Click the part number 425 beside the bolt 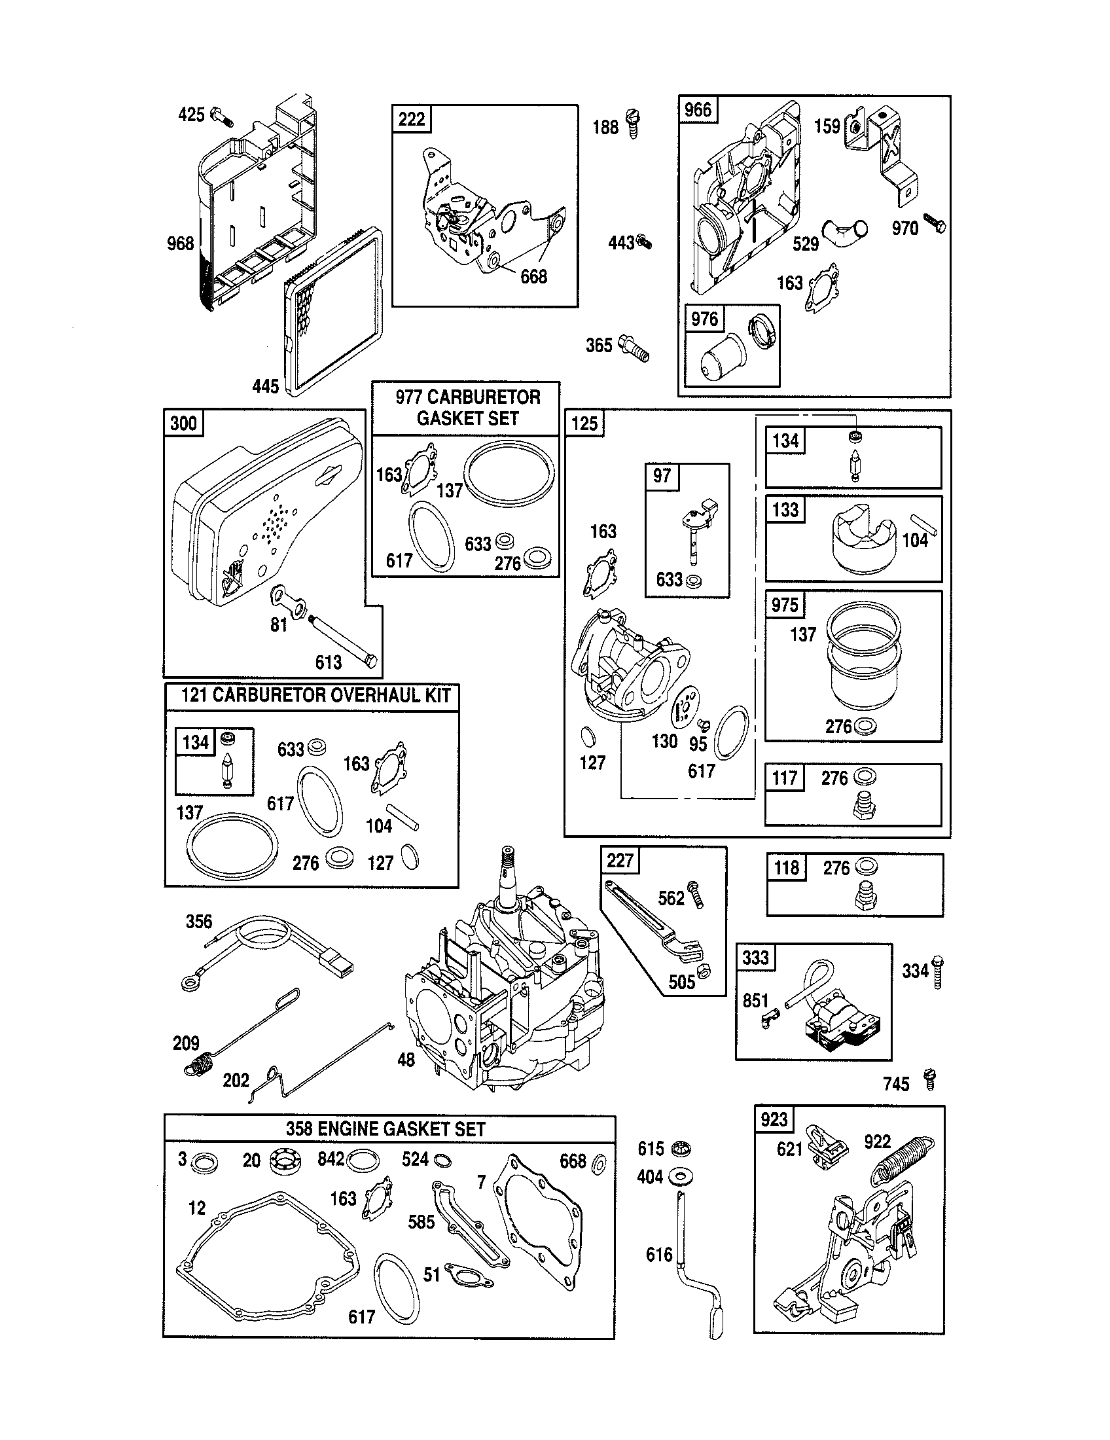[x=191, y=115]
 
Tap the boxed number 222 [x=412, y=119]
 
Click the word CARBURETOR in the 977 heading [x=483, y=397]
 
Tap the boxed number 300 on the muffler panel [x=183, y=423]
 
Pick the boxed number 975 [x=784, y=605]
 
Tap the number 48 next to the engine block [x=406, y=1060]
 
